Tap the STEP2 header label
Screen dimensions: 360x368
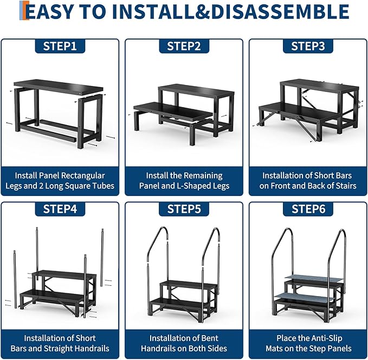click(x=184, y=46)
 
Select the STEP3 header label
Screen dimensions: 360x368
click(x=308, y=46)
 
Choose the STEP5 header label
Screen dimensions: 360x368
click(x=184, y=209)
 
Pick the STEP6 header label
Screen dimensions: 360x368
click(x=308, y=209)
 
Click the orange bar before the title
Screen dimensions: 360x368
click(x=22, y=11)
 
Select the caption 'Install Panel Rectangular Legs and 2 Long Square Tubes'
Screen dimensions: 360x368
click(x=60, y=181)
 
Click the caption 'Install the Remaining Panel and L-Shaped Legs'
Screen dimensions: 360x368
click(x=184, y=181)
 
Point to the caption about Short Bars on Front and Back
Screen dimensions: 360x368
click(x=308, y=181)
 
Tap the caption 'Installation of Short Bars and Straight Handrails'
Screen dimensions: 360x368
click(x=60, y=343)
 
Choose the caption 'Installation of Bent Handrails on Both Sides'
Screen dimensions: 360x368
click(x=184, y=343)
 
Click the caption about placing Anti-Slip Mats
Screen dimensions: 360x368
click(x=308, y=343)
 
